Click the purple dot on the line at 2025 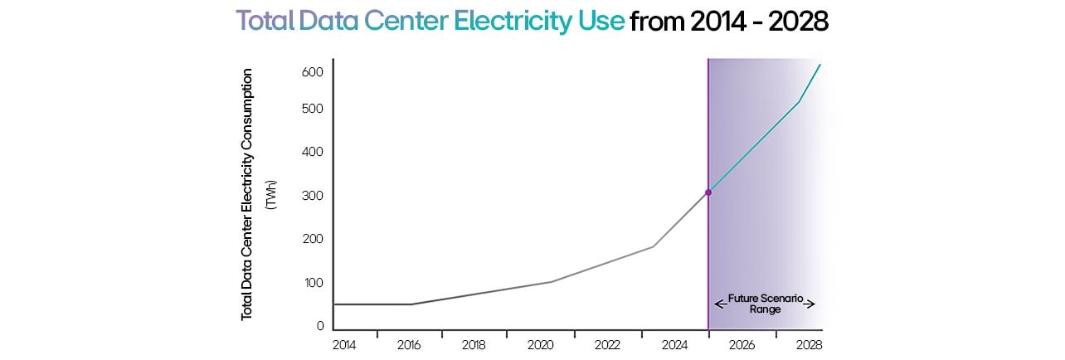[708, 192]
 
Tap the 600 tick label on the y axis [313, 72]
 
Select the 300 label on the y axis [313, 196]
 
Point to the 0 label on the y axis [319, 326]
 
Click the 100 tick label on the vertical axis [313, 283]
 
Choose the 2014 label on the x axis [344, 344]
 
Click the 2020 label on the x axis [540, 344]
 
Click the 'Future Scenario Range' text [764, 302]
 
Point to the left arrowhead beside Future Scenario [718, 304]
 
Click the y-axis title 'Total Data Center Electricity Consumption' [246, 195]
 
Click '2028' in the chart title [796, 22]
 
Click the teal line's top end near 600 [820, 65]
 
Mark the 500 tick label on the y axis [313, 109]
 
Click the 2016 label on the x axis [410, 344]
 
